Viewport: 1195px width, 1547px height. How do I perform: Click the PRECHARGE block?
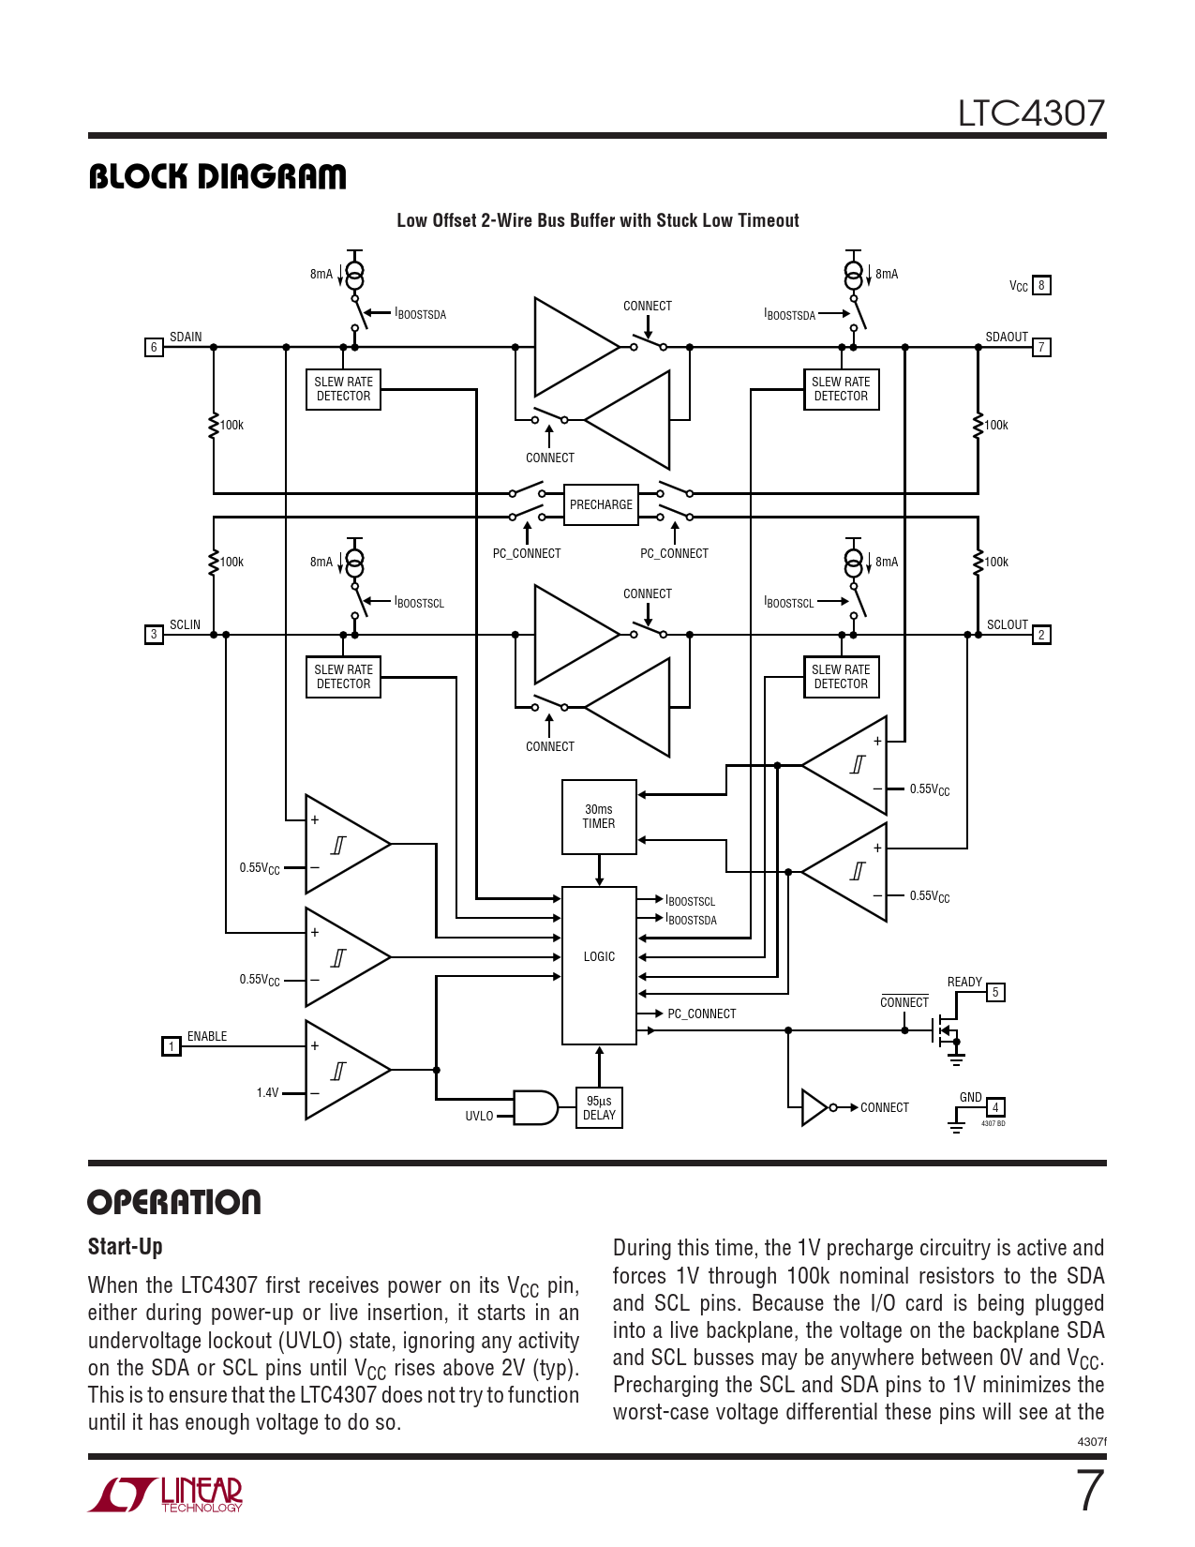pyautogui.click(x=601, y=504)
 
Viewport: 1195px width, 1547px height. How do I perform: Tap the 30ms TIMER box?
pyautogui.click(x=599, y=817)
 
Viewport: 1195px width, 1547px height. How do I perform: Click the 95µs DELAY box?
pyautogui.click(x=599, y=1108)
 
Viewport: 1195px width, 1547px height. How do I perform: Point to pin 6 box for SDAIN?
pyautogui.click(x=154, y=347)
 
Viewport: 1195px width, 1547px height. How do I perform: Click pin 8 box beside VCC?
pyautogui.click(x=1041, y=285)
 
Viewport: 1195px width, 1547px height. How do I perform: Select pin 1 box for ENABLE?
pyautogui.click(x=171, y=1046)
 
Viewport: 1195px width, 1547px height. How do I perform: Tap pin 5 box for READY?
pyautogui.click(x=995, y=992)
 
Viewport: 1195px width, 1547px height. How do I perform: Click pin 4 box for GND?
pyautogui.click(x=995, y=1107)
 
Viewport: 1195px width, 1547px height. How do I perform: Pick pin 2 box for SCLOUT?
pyautogui.click(x=1041, y=635)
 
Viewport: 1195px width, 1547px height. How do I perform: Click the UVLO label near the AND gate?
pyautogui.click(x=479, y=1116)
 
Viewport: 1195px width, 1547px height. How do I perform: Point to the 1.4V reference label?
pyautogui.click(x=267, y=1093)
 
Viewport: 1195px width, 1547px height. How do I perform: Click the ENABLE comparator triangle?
pyautogui.click(x=342, y=1070)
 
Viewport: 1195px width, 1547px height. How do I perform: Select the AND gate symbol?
pyautogui.click(x=535, y=1107)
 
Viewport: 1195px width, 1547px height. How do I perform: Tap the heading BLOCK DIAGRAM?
pyautogui.click(x=217, y=176)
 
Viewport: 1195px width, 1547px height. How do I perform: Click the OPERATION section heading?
pyautogui.click(x=174, y=1202)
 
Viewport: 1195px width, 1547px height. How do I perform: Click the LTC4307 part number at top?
pyautogui.click(x=1031, y=113)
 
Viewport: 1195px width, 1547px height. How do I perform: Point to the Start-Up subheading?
pyautogui.click(x=126, y=1247)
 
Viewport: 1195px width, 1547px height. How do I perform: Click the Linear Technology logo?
pyautogui.click(x=166, y=1494)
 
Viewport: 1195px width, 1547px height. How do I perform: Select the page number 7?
pyautogui.click(x=1089, y=1491)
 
